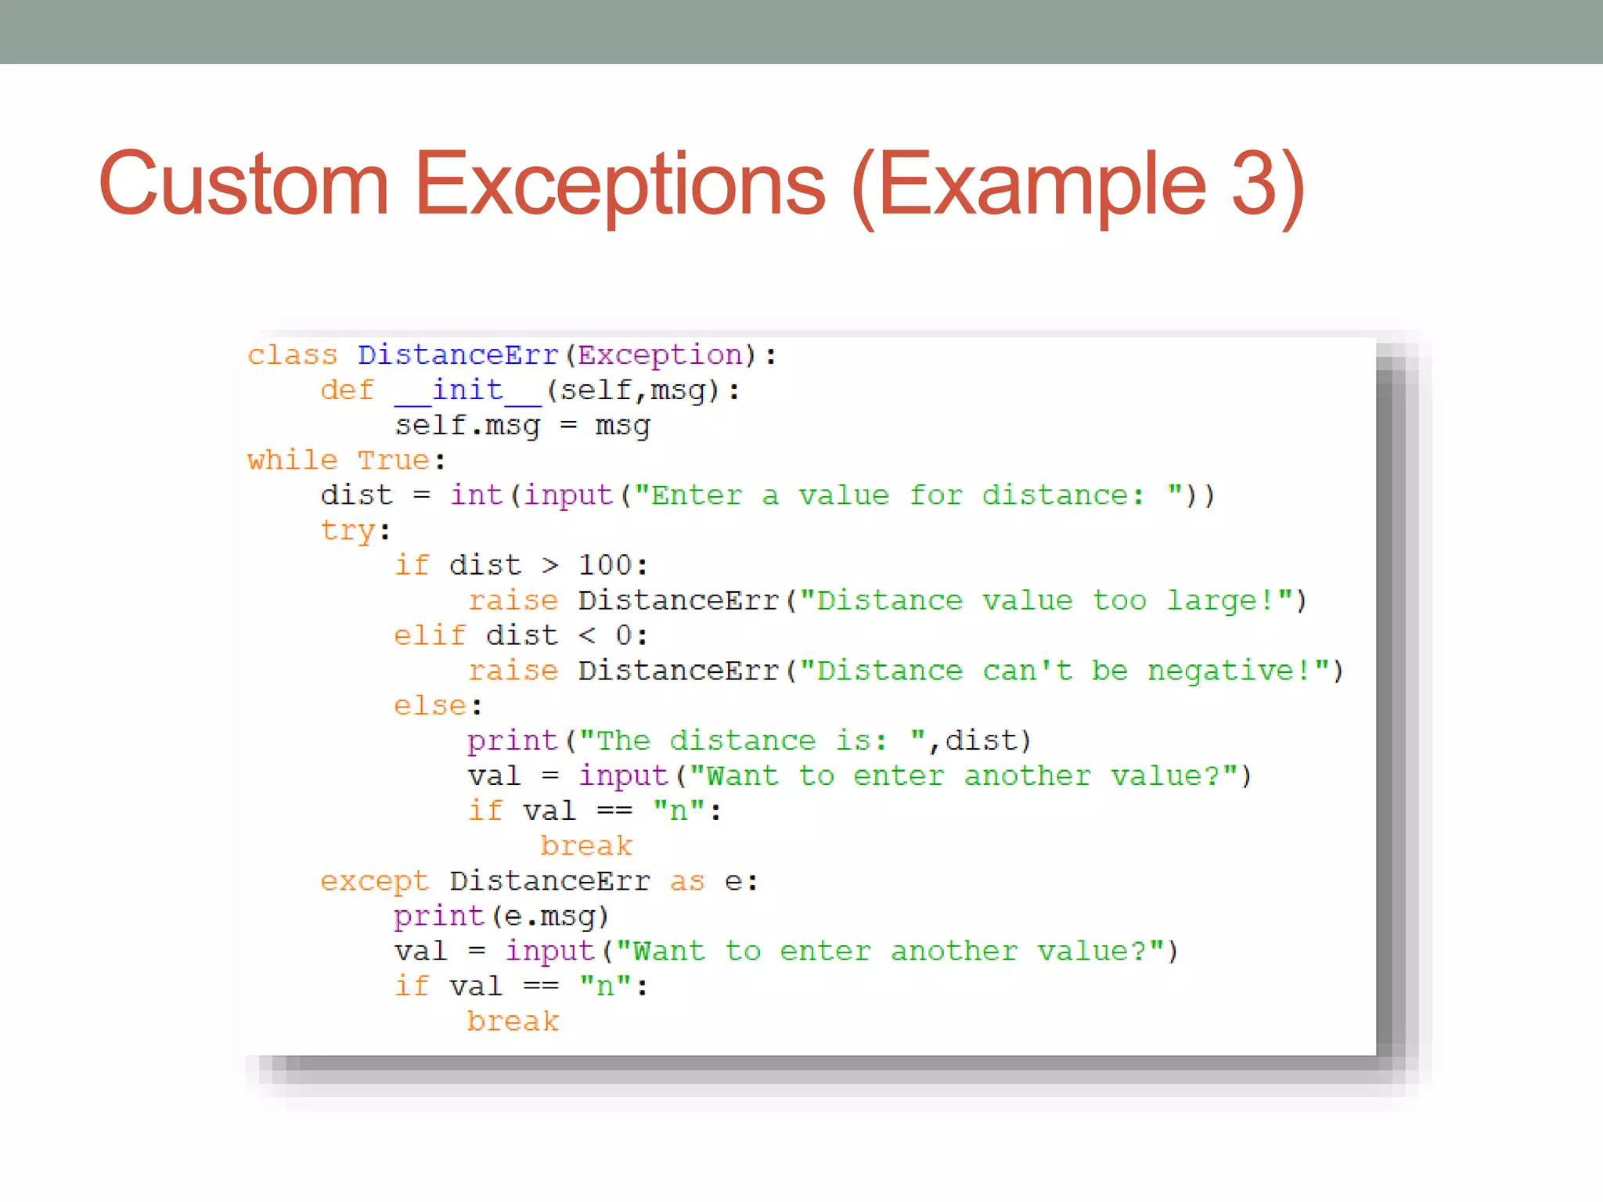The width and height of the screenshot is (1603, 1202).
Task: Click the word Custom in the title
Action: pos(243,185)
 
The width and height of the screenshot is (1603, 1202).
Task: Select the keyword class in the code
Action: pos(292,356)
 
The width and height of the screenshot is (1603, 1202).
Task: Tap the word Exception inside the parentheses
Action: pos(660,356)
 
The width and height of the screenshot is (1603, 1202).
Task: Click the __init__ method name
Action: pos(467,390)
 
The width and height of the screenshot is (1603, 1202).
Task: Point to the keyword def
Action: pos(347,390)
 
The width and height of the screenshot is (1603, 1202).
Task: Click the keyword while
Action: pos(292,461)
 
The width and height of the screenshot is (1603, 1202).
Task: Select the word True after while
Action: pos(393,461)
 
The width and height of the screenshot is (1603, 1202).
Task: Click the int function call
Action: pos(476,496)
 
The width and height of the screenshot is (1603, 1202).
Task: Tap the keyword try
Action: pos(347,531)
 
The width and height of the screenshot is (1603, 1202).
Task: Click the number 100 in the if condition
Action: pos(605,566)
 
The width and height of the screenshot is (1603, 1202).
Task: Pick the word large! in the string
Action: pos(1221,601)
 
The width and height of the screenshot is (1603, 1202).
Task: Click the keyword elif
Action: pos(430,636)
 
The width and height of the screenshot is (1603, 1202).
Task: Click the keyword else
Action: pos(430,707)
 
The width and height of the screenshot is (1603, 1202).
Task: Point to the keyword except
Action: pos(374,882)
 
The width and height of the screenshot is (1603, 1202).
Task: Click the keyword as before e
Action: pos(687,882)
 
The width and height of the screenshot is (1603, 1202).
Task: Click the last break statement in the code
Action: pos(513,1022)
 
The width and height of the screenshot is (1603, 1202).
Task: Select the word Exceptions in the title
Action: pos(619,185)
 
